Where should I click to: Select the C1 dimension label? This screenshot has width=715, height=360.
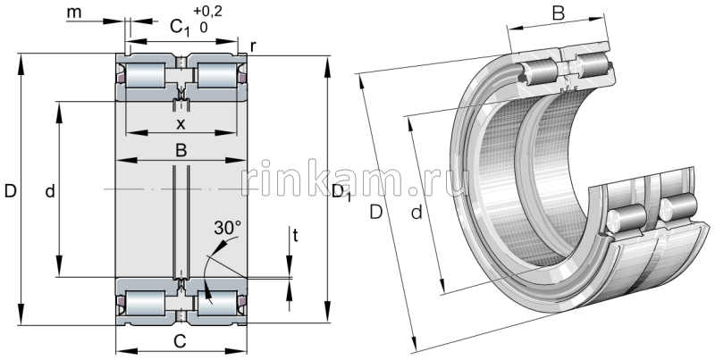point(181,28)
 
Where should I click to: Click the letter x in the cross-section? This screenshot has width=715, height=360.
point(180,124)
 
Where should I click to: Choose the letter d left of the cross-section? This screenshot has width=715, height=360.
point(50,191)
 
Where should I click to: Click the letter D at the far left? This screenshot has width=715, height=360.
point(10,191)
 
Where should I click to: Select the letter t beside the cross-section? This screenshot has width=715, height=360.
point(295,237)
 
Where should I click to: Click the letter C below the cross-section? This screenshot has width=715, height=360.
point(180,341)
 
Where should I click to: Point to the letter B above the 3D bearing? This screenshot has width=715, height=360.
point(556,13)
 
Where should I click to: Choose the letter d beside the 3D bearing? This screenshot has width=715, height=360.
point(416,212)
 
